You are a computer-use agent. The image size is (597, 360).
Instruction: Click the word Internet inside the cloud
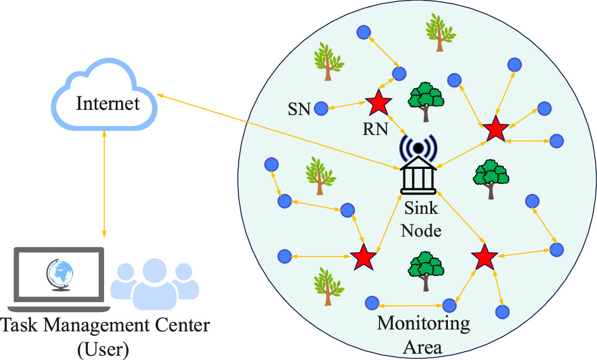pyautogui.click(x=108, y=103)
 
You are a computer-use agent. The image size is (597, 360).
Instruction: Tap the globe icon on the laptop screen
pyautogui.click(x=60, y=275)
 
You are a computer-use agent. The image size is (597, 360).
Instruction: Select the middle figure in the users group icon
pyautogui.click(x=154, y=284)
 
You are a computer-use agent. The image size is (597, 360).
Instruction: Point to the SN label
pyautogui.click(x=299, y=109)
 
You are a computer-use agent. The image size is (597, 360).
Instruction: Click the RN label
pyautogui.click(x=375, y=129)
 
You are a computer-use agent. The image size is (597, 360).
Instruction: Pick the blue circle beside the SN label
pyautogui.click(x=321, y=109)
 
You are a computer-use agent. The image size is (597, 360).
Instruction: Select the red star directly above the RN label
pyautogui.click(x=378, y=102)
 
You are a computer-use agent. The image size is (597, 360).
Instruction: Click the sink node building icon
pyautogui.click(x=418, y=178)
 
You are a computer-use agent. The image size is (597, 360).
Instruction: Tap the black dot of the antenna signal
pyautogui.click(x=418, y=148)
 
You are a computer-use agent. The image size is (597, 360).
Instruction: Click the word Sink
pyautogui.click(x=421, y=208)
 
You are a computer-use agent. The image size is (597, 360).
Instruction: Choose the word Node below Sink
pyautogui.click(x=421, y=231)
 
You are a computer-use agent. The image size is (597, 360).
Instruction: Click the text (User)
pyautogui.click(x=103, y=349)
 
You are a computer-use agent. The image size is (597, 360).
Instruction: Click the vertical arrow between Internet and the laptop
pyautogui.click(x=104, y=184)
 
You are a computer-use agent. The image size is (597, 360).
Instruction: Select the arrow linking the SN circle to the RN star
pyautogui.click(x=347, y=105)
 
